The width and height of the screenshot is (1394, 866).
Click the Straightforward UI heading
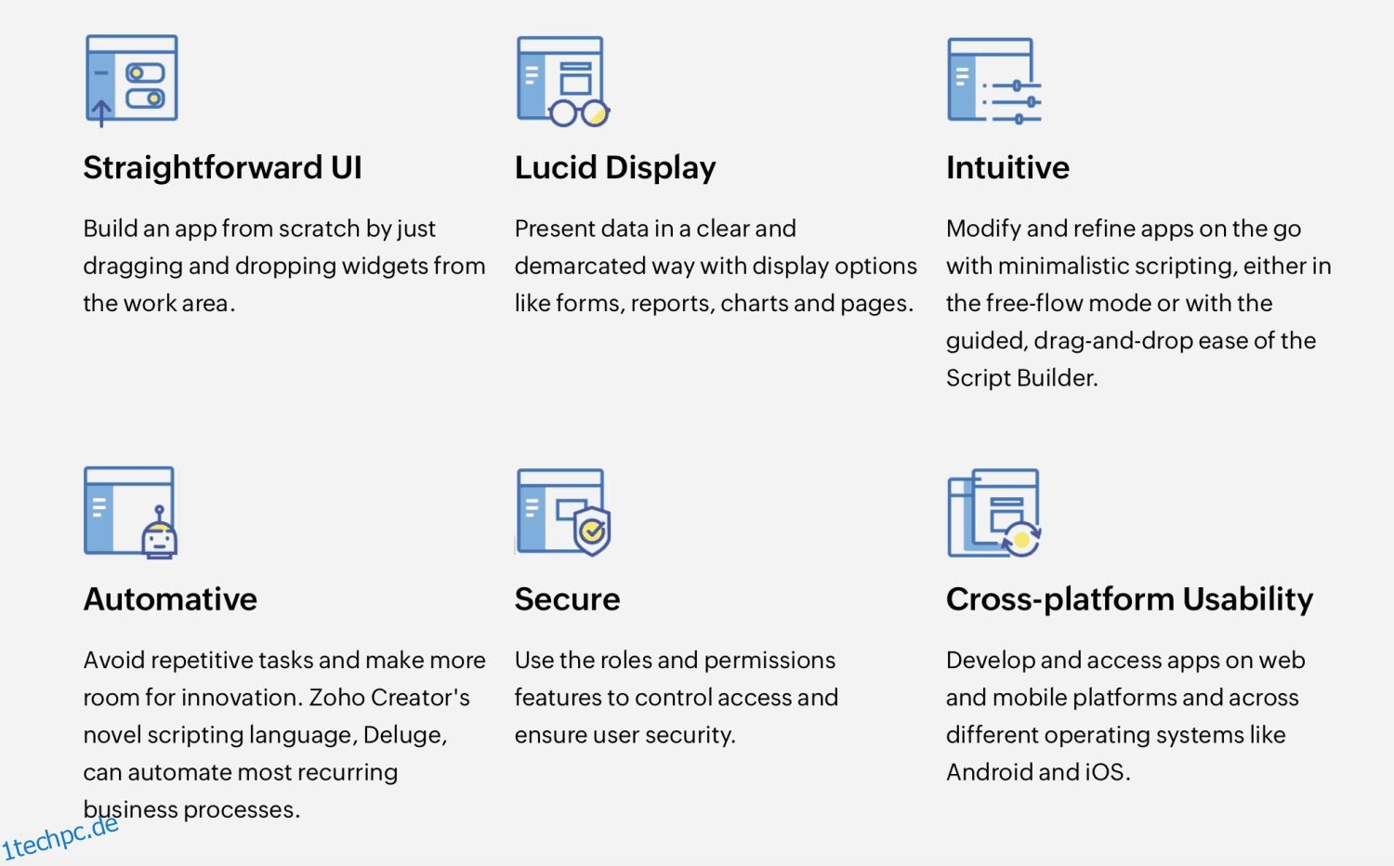point(222,168)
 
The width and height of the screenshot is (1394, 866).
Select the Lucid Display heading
point(614,168)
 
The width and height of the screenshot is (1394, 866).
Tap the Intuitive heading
point(1007,168)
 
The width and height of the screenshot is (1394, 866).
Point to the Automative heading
point(170,599)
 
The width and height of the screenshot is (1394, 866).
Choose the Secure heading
point(567,599)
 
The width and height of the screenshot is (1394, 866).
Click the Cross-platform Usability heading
point(1129,599)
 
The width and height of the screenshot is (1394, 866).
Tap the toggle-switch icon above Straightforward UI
point(145,85)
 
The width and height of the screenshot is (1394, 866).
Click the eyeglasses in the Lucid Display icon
point(579,113)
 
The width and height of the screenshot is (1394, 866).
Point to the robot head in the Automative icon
point(159,538)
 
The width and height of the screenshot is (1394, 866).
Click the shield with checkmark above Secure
point(592,531)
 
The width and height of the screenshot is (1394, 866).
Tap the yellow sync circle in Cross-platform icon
point(1021,540)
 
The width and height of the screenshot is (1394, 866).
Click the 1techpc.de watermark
point(60,837)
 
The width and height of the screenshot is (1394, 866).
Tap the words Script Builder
point(1020,378)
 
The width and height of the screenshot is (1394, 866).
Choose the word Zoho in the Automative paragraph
point(336,698)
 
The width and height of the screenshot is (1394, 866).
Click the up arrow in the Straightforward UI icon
point(100,112)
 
